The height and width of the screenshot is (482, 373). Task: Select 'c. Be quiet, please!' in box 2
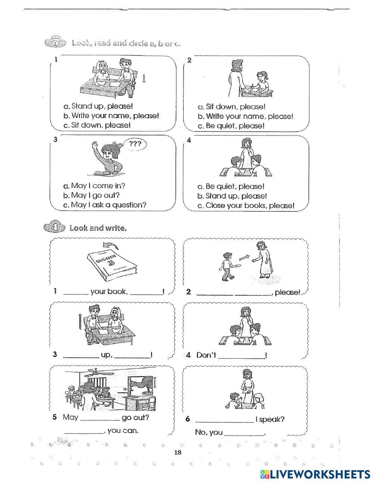click(231, 126)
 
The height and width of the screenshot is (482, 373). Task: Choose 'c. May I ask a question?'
click(104, 205)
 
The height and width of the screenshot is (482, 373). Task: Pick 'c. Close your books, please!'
click(246, 205)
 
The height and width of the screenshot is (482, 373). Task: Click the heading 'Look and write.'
click(98, 228)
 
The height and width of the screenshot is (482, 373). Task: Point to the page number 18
click(178, 453)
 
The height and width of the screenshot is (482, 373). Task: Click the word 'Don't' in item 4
click(206, 355)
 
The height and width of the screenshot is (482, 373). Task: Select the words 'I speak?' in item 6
click(270, 419)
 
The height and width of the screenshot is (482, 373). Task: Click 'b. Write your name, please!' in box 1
click(111, 115)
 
